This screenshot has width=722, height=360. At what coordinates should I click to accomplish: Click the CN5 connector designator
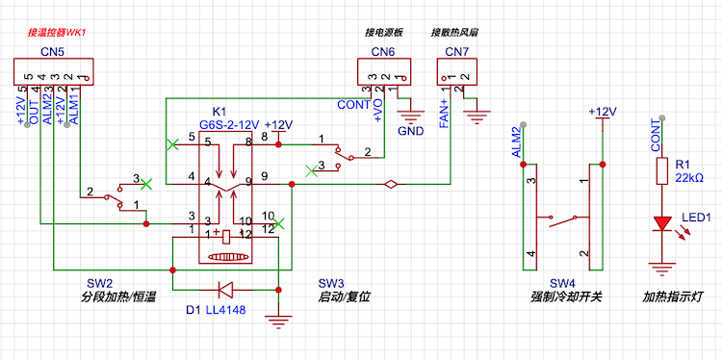click(x=52, y=52)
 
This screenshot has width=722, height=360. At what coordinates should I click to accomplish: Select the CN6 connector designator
click(x=383, y=52)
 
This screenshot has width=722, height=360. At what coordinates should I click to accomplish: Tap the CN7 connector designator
click(x=456, y=52)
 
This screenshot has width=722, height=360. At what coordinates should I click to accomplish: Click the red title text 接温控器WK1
click(x=57, y=33)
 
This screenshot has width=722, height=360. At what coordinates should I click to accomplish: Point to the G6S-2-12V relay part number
click(x=229, y=124)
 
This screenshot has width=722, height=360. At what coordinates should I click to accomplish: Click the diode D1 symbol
click(x=226, y=290)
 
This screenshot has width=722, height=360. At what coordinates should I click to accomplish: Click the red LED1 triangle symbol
click(x=662, y=223)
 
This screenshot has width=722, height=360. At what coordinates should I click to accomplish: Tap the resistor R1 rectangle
click(x=662, y=171)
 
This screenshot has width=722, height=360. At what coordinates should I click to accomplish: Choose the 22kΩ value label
click(x=689, y=178)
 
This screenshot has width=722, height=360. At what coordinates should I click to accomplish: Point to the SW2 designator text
click(x=100, y=282)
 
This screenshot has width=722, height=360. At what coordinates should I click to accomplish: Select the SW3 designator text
click(x=330, y=282)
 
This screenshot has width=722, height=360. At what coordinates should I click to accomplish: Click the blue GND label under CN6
click(x=411, y=131)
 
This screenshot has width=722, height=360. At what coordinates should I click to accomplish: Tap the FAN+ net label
click(x=444, y=114)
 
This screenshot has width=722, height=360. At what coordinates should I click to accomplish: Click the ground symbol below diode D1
click(x=278, y=321)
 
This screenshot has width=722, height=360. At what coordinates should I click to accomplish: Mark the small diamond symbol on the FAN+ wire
click(x=391, y=185)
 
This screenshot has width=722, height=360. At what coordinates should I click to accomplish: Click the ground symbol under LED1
click(x=662, y=269)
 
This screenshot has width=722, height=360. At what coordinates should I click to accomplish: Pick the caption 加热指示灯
click(x=673, y=297)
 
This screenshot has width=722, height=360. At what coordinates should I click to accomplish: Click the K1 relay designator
click(x=219, y=112)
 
